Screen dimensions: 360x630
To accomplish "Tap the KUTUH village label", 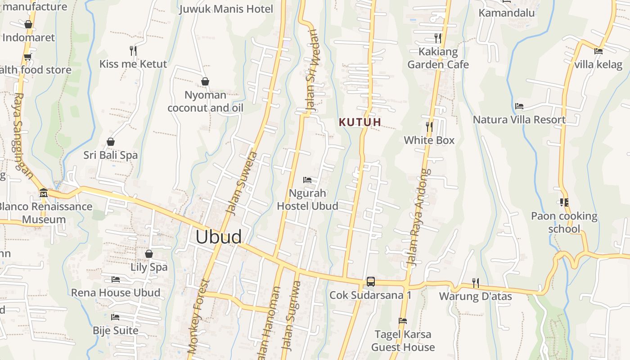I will pyautogui.click(x=360, y=122).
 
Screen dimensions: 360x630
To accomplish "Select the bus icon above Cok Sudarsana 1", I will pyautogui.click(x=370, y=282).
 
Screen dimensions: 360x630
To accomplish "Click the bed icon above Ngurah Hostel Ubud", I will pyautogui.click(x=307, y=180).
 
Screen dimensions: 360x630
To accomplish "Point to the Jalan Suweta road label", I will pyautogui.click(x=241, y=184).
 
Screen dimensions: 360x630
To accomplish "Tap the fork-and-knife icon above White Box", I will pyautogui.click(x=429, y=127).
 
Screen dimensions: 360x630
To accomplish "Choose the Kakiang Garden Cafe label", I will pyautogui.click(x=438, y=58).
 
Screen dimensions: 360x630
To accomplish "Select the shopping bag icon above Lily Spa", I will pyautogui.click(x=149, y=254).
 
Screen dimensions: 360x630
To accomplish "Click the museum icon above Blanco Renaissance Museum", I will pyautogui.click(x=44, y=193).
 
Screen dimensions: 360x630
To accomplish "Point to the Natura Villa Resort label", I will pyautogui.click(x=519, y=120).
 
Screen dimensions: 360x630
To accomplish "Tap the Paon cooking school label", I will pyautogui.click(x=564, y=222).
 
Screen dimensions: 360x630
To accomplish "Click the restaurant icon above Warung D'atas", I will pyautogui.click(x=475, y=283).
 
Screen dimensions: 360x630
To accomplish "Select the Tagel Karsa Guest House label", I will pyautogui.click(x=403, y=341).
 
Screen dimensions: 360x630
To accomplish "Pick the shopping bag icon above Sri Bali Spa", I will pyautogui.click(x=111, y=142).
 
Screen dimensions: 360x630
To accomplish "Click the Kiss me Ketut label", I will pyautogui.click(x=133, y=64).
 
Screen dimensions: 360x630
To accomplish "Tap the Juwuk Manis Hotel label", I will pyautogui.click(x=226, y=9).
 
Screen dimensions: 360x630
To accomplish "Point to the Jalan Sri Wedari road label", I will pyautogui.click(x=312, y=71).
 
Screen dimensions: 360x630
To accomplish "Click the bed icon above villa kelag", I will pyautogui.click(x=598, y=51).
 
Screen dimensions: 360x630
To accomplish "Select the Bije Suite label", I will pyautogui.click(x=116, y=330).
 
